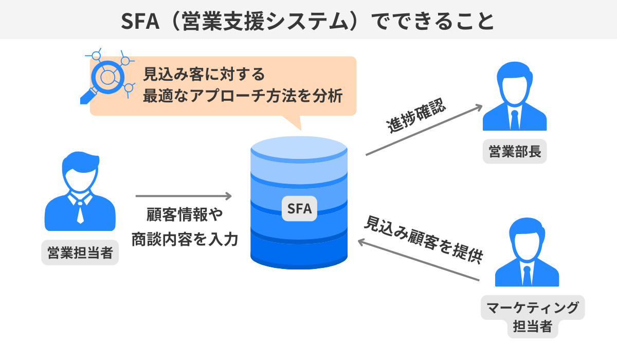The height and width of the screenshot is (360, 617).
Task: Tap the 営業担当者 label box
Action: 80,253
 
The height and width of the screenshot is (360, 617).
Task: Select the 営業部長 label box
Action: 515,152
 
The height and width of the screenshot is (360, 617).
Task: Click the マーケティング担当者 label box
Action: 533,317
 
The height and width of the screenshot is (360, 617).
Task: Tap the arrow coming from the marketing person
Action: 419,260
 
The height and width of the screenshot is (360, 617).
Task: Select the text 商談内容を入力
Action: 185,239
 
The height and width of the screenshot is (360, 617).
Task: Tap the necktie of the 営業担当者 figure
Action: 80,210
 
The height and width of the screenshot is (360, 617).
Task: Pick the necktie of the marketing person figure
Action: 527,276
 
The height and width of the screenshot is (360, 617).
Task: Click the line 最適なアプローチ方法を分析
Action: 243,96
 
